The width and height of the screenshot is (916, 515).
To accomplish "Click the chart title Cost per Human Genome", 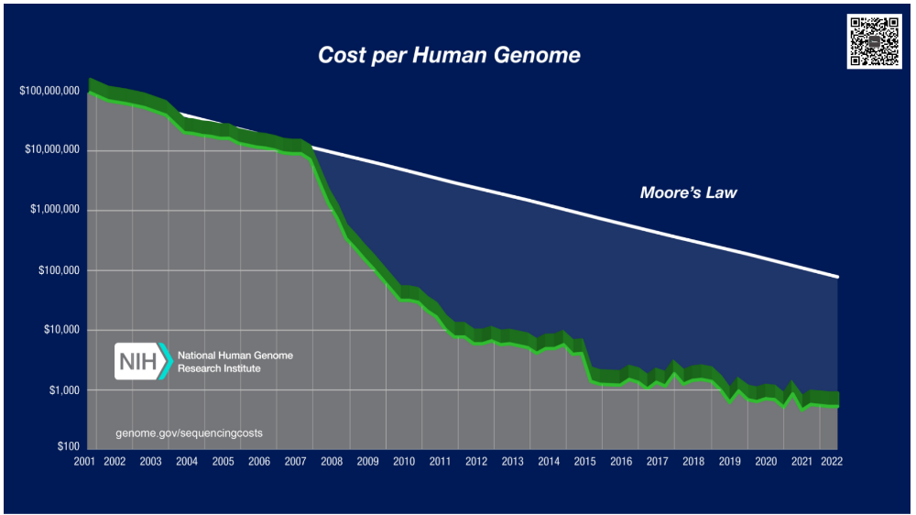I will pyautogui.click(x=449, y=55).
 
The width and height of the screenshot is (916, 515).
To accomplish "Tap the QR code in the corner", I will pyautogui.click(x=872, y=42).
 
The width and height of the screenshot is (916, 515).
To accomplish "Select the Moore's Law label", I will pyautogui.click(x=688, y=193).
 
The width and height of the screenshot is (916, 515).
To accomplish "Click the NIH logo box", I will pyautogui.click(x=138, y=361).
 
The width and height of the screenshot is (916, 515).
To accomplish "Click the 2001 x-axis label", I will pyautogui.click(x=87, y=462).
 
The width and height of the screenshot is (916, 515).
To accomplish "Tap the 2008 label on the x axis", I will pyautogui.click(x=331, y=462).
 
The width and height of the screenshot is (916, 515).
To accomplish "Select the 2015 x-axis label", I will pyautogui.click(x=584, y=462).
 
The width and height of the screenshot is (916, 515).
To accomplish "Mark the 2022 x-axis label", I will pyautogui.click(x=831, y=462).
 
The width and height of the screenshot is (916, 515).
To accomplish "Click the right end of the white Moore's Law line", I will pyautogui.click(x=837, y=276).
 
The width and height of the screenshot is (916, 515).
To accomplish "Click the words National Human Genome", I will pyautogui.click(x=235, y=355).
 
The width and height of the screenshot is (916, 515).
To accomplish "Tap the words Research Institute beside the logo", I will pyautogui.click(x=219, y=368).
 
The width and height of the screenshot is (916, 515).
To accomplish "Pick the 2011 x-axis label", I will pyautogui.click(x=440, y=462).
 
